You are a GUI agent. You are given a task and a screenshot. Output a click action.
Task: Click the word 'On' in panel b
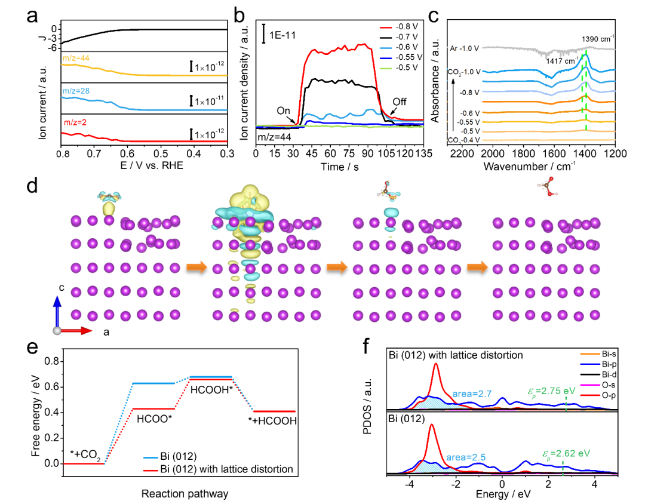(x=283, y=110)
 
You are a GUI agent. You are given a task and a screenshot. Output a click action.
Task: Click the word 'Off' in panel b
(x=399, y=102)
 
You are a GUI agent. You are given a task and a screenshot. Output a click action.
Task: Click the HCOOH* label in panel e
(x=211, y=389)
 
